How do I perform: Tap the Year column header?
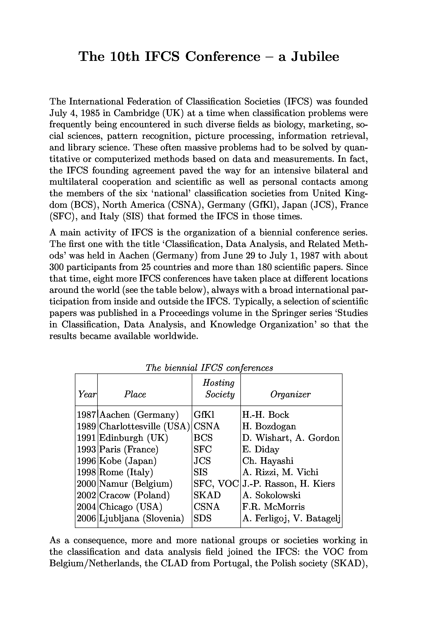pyautogui.click(x=87, y=394)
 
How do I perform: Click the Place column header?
pyautogui.click(x=135, y=394)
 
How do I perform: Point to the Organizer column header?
pyautogui.click(x=290, y=394)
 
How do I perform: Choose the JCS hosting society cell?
pyautogui.click(x=202, y=461)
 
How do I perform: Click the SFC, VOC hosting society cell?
pyautogui.click(x=216, y=484)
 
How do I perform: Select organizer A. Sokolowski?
pyautogui.click(x=271, y=495)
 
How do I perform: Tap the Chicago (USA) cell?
pyautogui.click(x=131, y=507)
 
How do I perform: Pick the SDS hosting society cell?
pyautogui.click(x=203, y=518)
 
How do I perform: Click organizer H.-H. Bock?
pyautogui.click(x=266, y=415)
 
